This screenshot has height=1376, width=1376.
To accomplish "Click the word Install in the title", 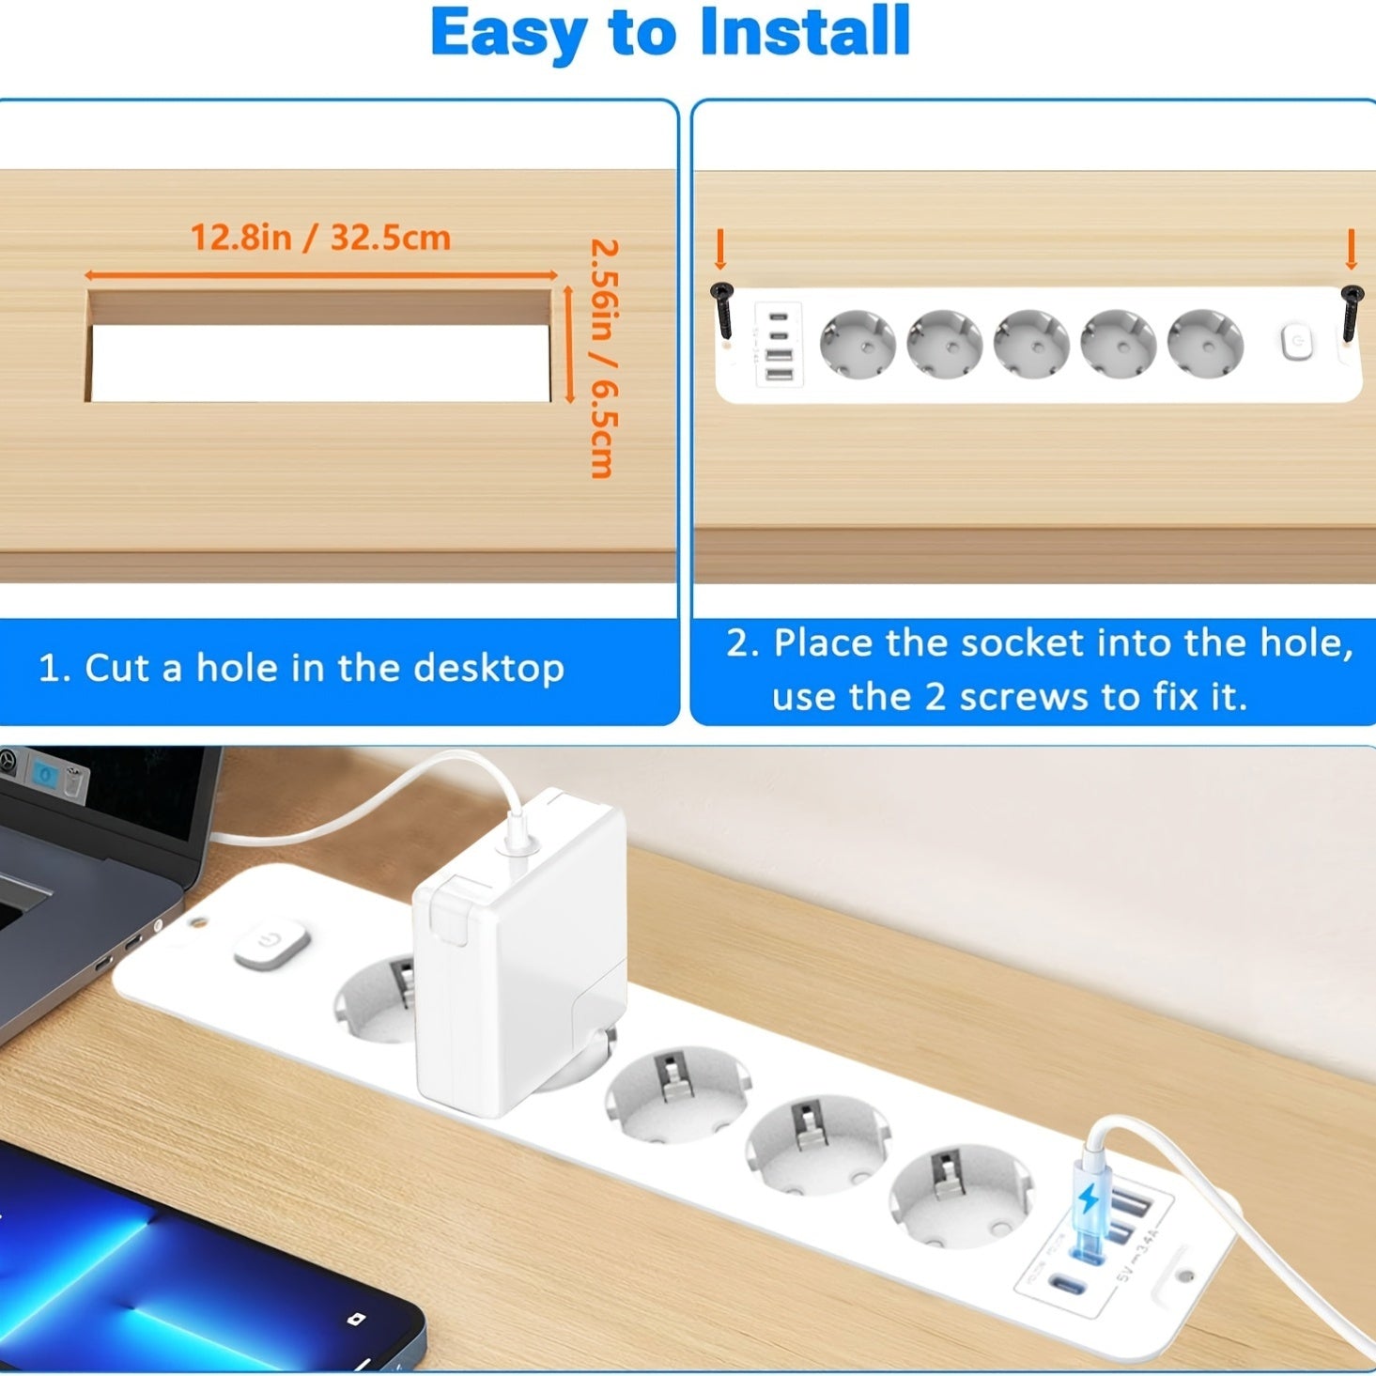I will coord(805,33).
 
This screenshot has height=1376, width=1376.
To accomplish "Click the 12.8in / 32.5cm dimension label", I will coord(320,238).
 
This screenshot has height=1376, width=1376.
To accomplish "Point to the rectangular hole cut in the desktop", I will coord(320,362).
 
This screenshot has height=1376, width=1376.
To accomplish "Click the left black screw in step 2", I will coord(722,309).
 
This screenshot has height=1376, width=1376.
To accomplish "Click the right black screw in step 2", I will coord(1352,310).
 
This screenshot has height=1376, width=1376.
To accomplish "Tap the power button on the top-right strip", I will coord(1297,342).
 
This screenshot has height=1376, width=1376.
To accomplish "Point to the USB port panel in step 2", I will coord(779,345).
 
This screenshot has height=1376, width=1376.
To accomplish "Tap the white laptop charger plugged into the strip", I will coord(519,949).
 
